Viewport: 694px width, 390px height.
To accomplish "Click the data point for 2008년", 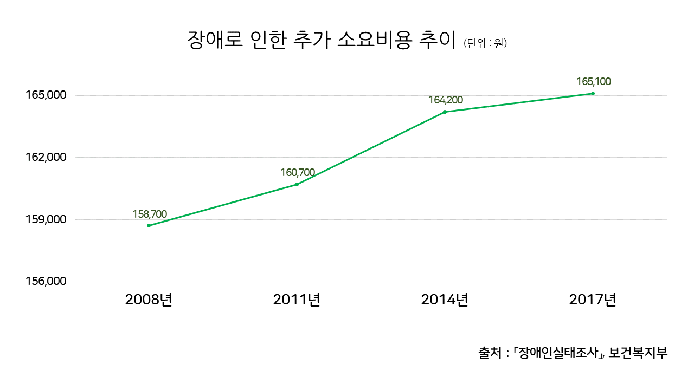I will coord(149,225).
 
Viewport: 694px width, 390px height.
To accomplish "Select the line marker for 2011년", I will coord(297,185).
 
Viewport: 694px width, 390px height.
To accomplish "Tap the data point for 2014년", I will coord(445,112).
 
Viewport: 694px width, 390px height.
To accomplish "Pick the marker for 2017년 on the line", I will coord(593,93).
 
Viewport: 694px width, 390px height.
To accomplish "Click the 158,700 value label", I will coord(150,214).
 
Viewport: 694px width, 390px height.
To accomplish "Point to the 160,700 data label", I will coord(298,173).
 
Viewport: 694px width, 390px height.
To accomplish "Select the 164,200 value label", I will coord(446,100).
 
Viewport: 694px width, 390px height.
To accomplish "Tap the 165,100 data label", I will coord(594,82).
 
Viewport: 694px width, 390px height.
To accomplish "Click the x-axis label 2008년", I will coord(149,300).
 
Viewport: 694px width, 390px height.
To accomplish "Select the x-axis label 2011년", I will coord(297,300).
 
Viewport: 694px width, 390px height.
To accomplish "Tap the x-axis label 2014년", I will coord(445,300).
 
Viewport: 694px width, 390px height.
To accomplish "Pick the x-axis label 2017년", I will coord(593,300).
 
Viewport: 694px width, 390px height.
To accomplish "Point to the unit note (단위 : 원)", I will coord(485,43).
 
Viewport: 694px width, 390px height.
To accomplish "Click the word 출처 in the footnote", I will coord(490,353).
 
